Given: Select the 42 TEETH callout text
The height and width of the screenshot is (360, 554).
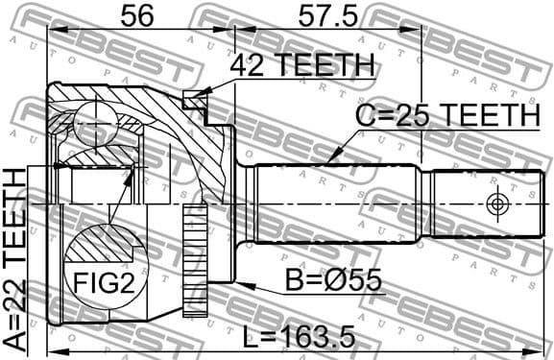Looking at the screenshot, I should pos(301,64).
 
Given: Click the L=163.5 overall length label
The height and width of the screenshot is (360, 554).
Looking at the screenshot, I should pos(300,336).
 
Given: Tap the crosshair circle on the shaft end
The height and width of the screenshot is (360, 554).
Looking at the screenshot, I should pos(497,204).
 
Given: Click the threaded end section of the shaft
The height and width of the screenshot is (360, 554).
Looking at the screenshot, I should pos(480,204).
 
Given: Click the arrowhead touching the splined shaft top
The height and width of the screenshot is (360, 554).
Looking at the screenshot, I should pos(332,159).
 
